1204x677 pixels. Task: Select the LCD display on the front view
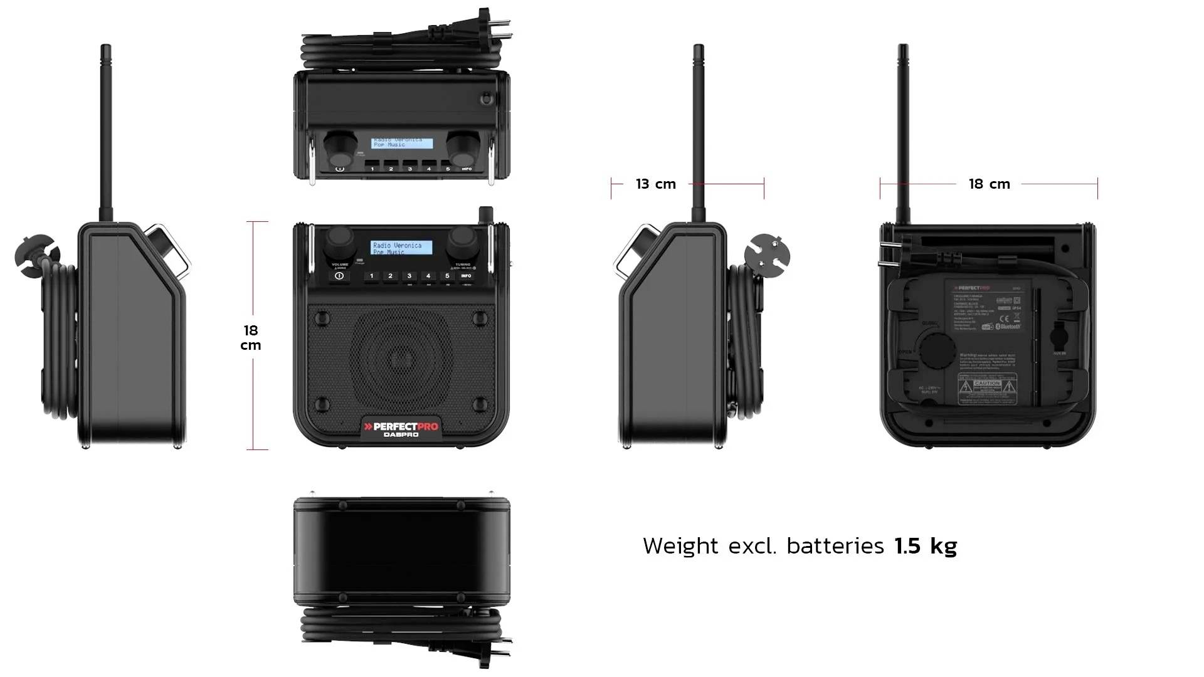[401, 248]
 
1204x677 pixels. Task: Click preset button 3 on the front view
[409, 276]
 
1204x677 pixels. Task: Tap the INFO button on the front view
[466, 276]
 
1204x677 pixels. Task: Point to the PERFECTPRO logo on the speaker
[401, 426]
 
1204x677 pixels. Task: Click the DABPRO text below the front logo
[401, 435]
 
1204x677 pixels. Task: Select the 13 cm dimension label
[656, 184]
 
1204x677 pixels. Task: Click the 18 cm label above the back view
[989, 184]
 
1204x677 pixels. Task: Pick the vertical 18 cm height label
[251, 337]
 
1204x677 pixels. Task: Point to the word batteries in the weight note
[835, 546]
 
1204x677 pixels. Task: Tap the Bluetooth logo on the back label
[1008, 327]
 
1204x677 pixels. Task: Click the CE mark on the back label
[1003, 318]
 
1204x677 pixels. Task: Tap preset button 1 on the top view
[372, 169]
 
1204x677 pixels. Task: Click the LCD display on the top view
[401, 143]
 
